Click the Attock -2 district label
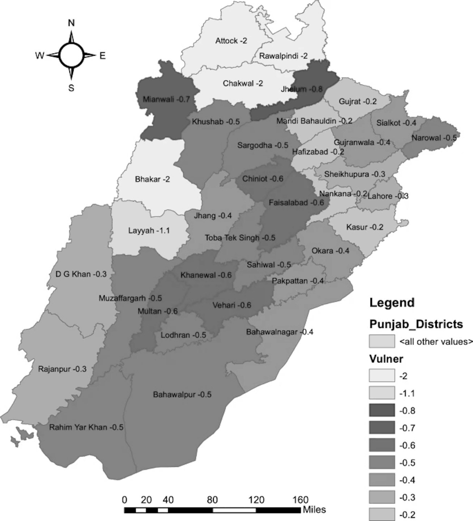pos(231,41)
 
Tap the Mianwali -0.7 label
pos(166,99)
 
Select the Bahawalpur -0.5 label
pos(182,394)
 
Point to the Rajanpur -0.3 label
pos(62,369)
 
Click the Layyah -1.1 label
pos(149,230)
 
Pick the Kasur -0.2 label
pos(365,227)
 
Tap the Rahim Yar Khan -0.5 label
pos(86,427)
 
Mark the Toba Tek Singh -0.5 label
pos(240,238)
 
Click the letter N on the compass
pos(71,23)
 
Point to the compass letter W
pos(39,55)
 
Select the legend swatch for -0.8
pos(382,411)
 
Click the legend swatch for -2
pos(382,376)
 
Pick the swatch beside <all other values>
pos(382,341)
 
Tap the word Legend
pos(392,302)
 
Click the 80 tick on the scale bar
pos(212,500)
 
